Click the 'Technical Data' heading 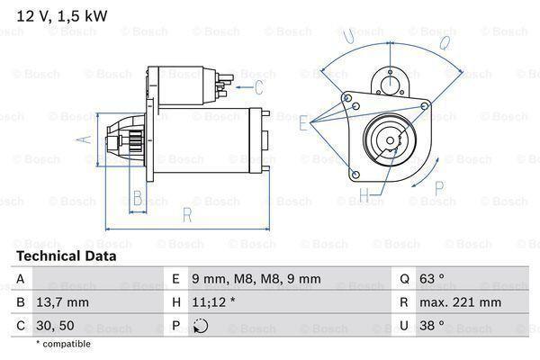66,256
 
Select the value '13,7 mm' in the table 64,303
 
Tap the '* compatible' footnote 64,344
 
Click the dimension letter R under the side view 186,214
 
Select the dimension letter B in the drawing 138,198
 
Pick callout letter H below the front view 364,193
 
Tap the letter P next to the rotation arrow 440,188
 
